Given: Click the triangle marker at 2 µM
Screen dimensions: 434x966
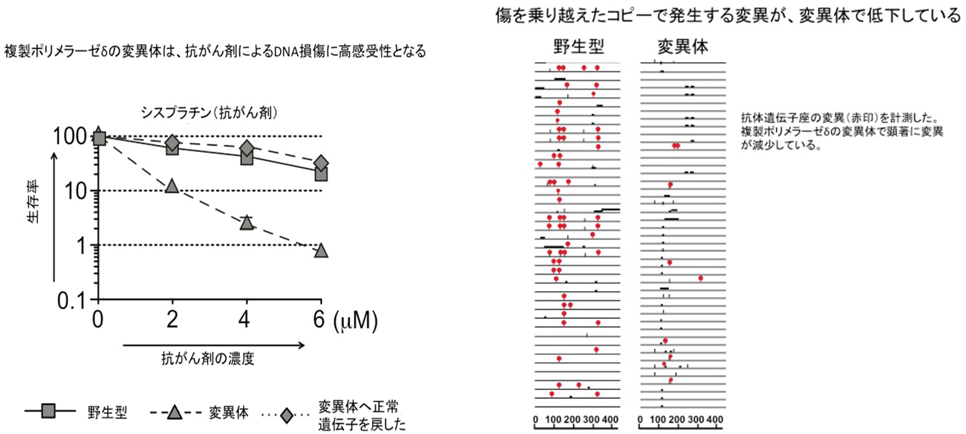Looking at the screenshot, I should click(x=171, y=186).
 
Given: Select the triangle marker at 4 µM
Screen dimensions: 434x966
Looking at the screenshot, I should click(x=246, y=223).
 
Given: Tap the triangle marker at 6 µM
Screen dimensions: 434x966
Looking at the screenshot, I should click(x=321, y=250).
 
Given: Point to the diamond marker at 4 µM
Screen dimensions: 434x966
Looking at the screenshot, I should click(x=246, y=149).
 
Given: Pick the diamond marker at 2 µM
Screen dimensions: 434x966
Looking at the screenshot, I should click(x=172, y=143).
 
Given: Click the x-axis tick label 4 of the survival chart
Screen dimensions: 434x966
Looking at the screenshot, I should click(x=246, y=320).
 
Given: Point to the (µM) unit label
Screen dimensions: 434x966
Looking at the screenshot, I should click(x=354, y=320).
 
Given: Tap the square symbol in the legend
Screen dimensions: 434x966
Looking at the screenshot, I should click(x=48, y=411).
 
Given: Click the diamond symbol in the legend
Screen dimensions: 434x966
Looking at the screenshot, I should click(x=284, y=411).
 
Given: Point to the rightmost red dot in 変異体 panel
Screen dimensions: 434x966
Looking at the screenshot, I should click(x=700, y=278).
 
